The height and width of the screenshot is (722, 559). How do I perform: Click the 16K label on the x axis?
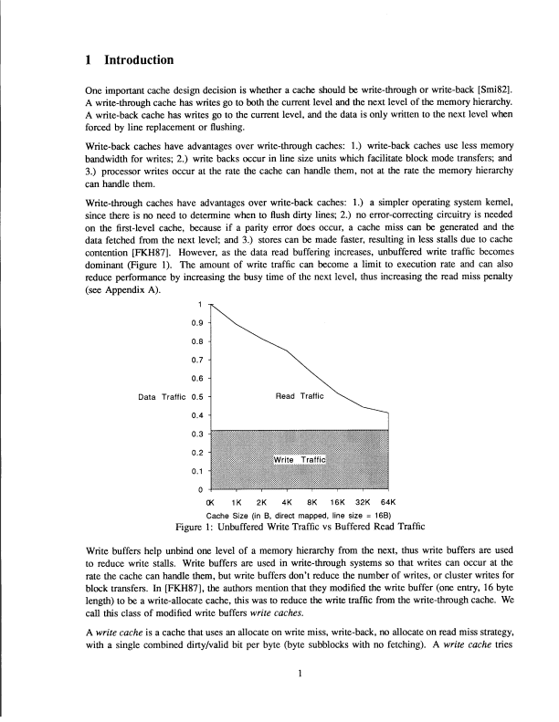coord(336,503)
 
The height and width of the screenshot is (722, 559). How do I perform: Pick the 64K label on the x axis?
coord(386,503)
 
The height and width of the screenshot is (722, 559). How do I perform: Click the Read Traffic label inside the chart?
coord(301,397)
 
